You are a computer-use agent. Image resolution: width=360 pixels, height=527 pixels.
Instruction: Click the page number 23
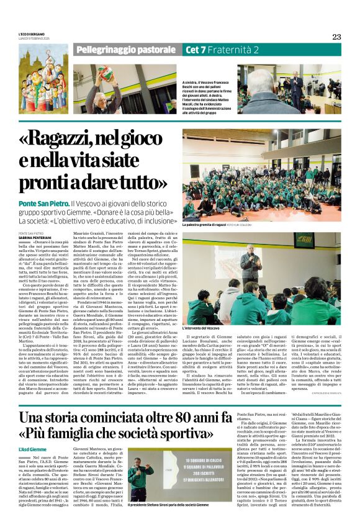coord(336,37)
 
